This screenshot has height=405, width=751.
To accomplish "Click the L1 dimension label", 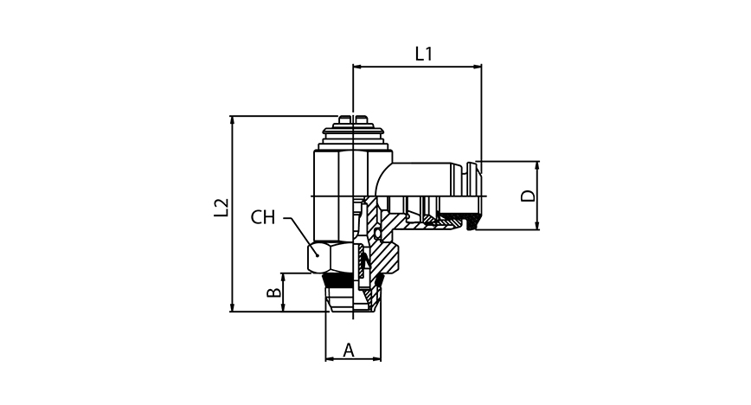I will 423,54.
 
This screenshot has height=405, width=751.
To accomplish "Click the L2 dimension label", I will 221,208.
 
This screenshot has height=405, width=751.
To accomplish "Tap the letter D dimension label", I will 527,196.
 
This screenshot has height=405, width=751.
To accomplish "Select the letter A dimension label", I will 350,350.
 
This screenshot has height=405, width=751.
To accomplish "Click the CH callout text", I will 263,217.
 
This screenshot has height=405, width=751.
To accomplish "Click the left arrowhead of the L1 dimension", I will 357,66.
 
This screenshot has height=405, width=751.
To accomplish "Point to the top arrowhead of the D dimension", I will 537,165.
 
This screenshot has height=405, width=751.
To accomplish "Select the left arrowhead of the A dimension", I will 329,358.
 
